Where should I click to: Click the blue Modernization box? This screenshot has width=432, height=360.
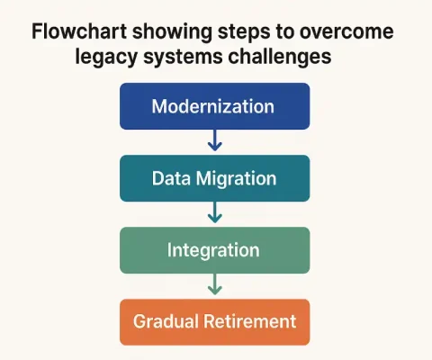click(213, 106)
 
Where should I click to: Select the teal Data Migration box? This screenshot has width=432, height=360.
click(213, 178)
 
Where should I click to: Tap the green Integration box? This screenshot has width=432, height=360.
click(213, 249)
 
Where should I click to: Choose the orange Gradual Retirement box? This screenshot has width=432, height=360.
click(213, 321)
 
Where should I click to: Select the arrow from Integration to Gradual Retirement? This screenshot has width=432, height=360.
click(213, 284)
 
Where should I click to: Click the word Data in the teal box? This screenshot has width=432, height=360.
click(168, 178)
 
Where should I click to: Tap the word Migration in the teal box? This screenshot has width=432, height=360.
click(233, 178)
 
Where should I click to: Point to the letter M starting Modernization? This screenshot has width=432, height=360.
click(159, 106)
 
